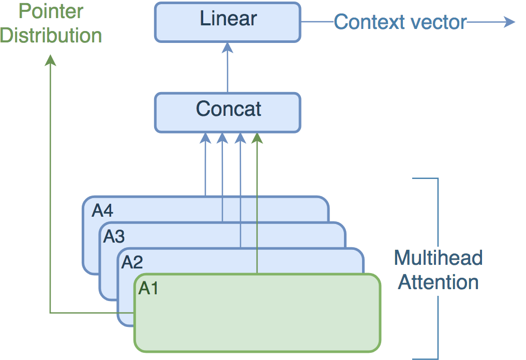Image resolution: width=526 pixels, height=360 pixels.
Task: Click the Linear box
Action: point(228,22)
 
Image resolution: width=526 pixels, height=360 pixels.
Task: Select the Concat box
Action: point(228,112)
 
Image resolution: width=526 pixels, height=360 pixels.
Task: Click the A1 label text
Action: point(148,289)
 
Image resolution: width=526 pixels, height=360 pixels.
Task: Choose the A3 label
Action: point(114,237)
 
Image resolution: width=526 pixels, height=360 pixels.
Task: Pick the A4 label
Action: point(102,211)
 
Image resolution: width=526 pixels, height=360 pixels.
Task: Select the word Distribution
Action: point(51,35)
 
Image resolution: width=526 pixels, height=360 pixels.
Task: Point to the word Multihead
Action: point(438,258)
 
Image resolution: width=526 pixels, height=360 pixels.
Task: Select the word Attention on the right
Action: point(438,282)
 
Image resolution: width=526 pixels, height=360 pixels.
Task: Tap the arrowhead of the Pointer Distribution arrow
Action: point(50,61)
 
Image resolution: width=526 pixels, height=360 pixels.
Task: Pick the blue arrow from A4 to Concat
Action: point(205,166)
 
